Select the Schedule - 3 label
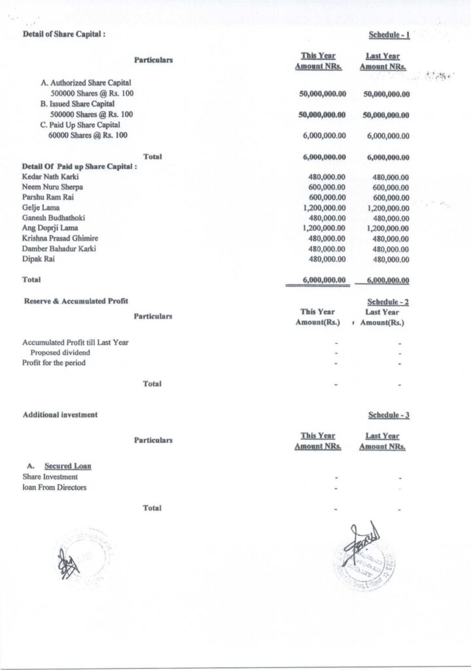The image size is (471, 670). [389, 415]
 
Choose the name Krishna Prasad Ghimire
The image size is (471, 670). [60, 238]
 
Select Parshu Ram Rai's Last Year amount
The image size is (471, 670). [391, 198]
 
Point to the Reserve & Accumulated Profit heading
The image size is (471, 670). [76, 300]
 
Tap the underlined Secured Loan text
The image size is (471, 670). [68, 466]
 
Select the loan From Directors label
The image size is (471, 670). [54, 487]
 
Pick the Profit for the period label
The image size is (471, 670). [54, 362]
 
